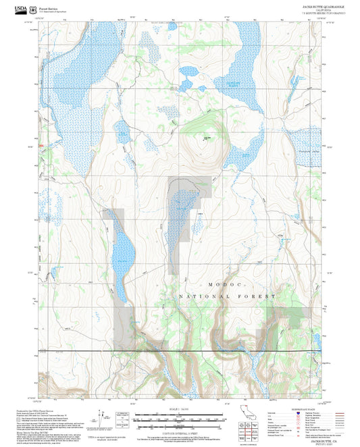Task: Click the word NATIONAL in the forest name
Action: point(201,296)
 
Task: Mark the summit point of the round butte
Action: point(205,138)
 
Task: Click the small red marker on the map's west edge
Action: point(41,145)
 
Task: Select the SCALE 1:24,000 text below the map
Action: point(179,411)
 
